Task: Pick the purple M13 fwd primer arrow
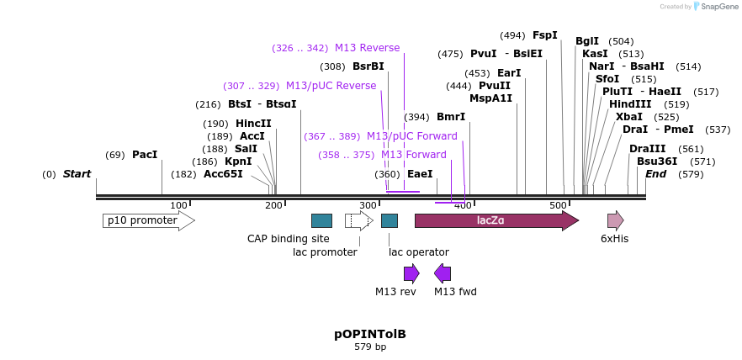[443, 273]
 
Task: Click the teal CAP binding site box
[321, 220]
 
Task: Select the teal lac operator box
[390, 220]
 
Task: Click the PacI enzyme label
[145, 155]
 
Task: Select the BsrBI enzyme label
[368, 66]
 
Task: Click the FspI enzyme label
[545, 35]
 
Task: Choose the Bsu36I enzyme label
[657, 161]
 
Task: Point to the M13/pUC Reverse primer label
[331, 86]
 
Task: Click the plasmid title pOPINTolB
[370, 334]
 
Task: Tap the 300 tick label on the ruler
[368, 205]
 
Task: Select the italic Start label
[77, 174]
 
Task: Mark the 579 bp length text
[370, 347]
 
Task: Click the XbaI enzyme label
[629, 117]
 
